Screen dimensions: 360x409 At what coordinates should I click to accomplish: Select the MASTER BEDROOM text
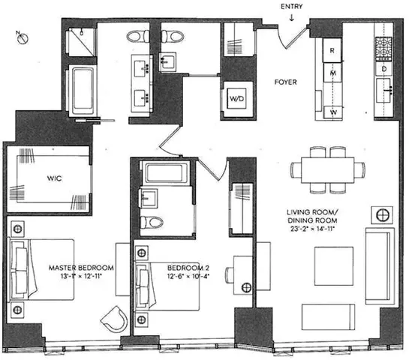pyautogui.click(x=81, y=267)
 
